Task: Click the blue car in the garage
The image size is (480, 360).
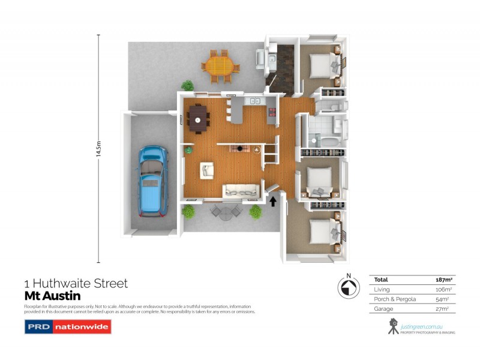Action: point(152,181)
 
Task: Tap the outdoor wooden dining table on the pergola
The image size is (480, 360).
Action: point(220,66)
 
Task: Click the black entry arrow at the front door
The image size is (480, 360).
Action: point(274,201)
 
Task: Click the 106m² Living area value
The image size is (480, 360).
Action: point(443,289)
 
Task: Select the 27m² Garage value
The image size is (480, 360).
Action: point(445,308)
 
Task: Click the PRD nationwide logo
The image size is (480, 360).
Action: point(67,327)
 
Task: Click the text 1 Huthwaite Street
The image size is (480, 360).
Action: point(76,283)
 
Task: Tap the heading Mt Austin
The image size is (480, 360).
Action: point(52,296)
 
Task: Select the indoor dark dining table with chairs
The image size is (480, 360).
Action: point(198,118)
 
